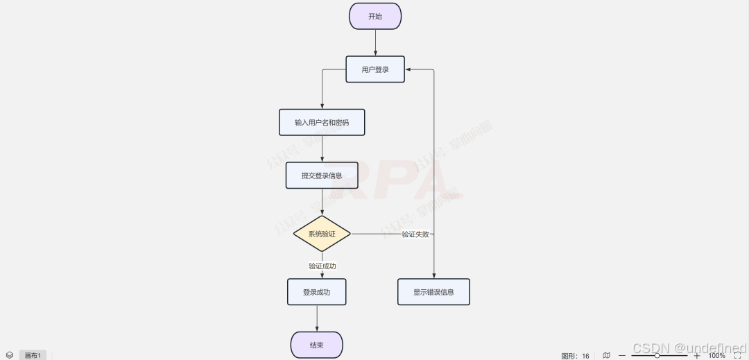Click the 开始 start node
point(375,16)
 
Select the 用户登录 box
point(375,69)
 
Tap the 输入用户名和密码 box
point(322,122)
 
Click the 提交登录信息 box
point(322,175)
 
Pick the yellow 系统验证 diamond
point(322,234)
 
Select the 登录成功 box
point(316,292)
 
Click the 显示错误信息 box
point(433,292)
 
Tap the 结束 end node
point(316,345)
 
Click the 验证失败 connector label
point(416,234)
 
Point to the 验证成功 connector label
point(322,266)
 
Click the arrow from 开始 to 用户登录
point(375,42)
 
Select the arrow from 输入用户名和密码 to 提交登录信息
point(322,148)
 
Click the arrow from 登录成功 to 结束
point(317,318)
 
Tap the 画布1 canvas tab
point(33,355)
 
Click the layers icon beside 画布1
point(10,355)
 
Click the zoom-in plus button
point(697,355)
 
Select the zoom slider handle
point(657,355)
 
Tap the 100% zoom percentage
point(716,355)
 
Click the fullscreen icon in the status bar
point(738,355)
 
